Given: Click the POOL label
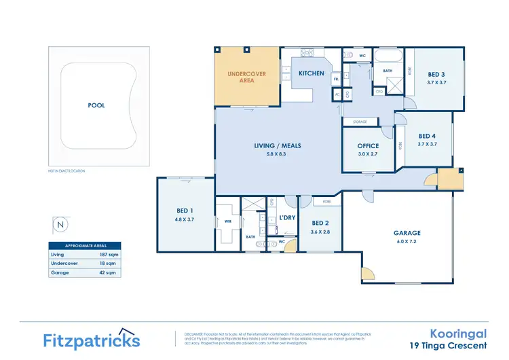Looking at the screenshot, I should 97,106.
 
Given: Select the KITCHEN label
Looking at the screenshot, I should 311,73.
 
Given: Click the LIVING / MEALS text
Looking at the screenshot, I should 278,145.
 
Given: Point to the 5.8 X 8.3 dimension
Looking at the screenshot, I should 278,154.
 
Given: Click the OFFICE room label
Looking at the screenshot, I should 369,145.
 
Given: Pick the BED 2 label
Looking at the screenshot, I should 320,222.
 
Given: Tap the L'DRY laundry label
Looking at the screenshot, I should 288,217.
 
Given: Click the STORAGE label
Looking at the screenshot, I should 360,122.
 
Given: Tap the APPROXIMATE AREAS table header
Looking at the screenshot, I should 85,245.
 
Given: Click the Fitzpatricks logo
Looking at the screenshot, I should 92,339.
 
